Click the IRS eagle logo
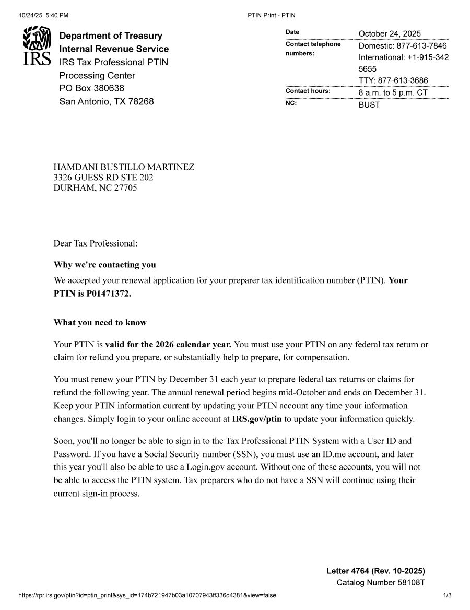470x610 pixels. pyautogui.click(x=37, y=45)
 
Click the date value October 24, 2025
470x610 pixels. pyautogui.click(x=390, y=34)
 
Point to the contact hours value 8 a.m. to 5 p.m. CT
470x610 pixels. pyautogui.click(x=393, y=93)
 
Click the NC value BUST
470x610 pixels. pyautogui.click(x=369, y=105)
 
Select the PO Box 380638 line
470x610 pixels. pyautogui.click(x=92, y=88)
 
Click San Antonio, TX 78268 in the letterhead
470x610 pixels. pyautogui.click(x=107, y=101)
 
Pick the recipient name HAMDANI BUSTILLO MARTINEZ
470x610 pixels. pyautogui.click(x=124, y=167)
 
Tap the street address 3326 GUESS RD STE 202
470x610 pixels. pyautogui.click(x=103, y=178)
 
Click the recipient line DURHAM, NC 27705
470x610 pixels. pyautogui.click(x=95, y=188)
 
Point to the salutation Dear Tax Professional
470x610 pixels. pyautogui.click(x=96, y=243)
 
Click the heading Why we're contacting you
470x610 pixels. pyautogui.click(x=104, y=265)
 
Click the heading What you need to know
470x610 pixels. pyautogui.click(x=100, y=323)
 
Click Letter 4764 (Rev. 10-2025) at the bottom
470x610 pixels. pyautogui.click(x=375, y=571)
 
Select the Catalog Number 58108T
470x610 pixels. pyautogui.click(x=381, y=583)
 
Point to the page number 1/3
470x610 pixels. pyautogui.click(x=447, y=595)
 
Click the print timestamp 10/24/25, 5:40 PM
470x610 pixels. pyautogui.click(x=43, y=15)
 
